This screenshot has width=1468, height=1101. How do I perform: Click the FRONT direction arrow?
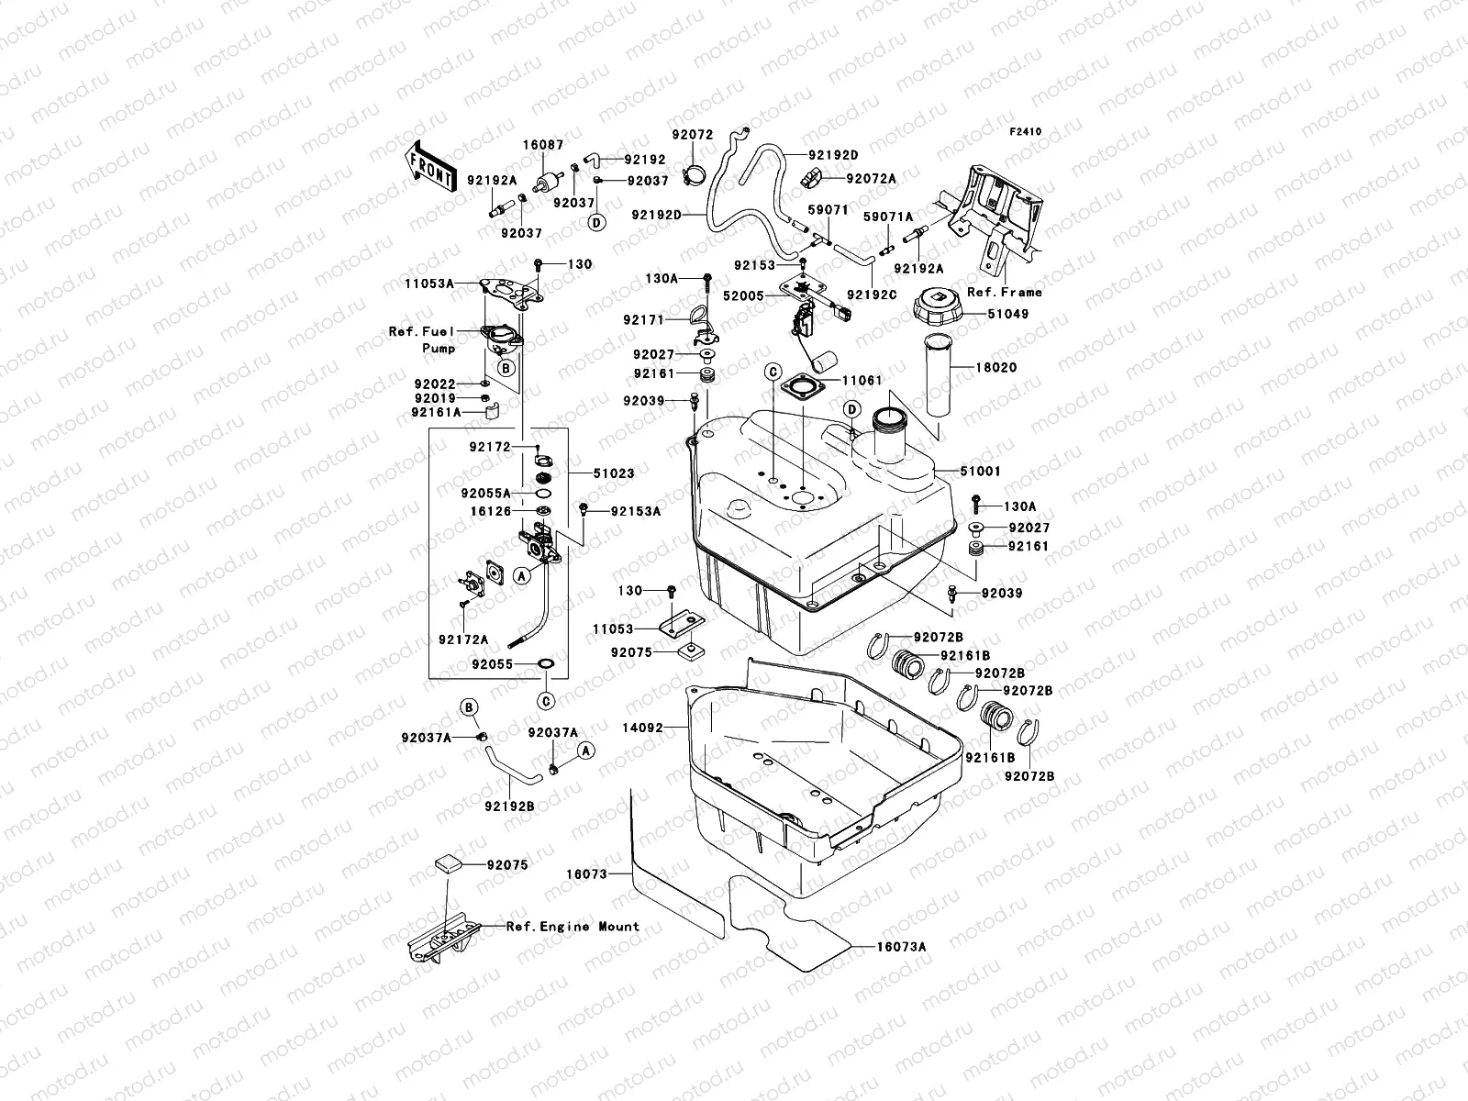[x=429, y=166]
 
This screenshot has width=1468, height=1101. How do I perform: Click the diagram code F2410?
[x=1026, y=132]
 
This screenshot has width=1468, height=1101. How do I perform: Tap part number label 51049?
[x=1008, y=314]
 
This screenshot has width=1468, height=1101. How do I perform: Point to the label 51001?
[x=981, y=472]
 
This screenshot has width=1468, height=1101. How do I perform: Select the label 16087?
[x=543, y=145]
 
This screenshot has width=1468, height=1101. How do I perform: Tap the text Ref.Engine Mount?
[x=573, y=927]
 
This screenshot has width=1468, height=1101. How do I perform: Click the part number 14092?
[x=641, y=728]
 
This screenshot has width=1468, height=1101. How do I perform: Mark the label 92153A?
[x=635, y=511]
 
